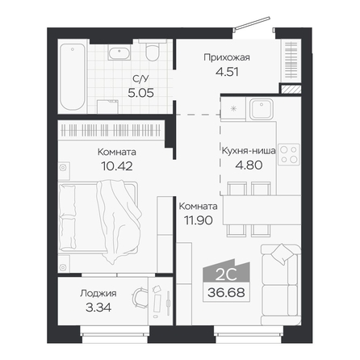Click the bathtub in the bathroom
click(73, 77)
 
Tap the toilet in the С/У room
click(153, 50)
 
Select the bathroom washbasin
click(119, 52)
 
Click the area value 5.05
click(140, 93)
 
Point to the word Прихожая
click(227, 57)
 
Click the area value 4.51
click(227, 72)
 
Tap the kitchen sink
click(261, 109)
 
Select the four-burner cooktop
click(289, 154)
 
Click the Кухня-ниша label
click(249, 151)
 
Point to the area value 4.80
click(249, 165)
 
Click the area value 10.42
click(117, 166)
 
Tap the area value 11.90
click(199, 220)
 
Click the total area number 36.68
click(226, 292)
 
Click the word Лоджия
click(98, 293)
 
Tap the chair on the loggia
click(140, 298)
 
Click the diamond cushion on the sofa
click(283, 254)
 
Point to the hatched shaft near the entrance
click(291, 89)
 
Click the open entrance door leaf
click(252, 23)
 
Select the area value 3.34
click(98, 308)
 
